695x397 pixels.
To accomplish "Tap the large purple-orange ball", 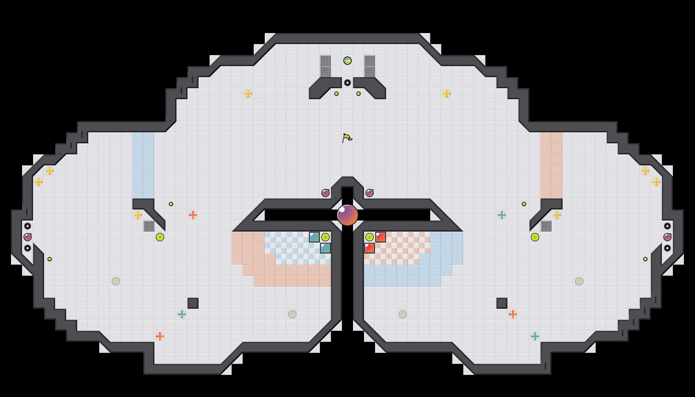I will tap(347, 215).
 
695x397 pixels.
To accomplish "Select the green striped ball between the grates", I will tap(347, 61).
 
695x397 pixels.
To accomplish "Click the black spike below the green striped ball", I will tap(347, 83).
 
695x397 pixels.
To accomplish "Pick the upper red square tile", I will tap(381, 237).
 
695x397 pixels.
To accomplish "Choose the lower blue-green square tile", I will tap(325, 248).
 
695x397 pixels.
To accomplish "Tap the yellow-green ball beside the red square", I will tap(370, 237).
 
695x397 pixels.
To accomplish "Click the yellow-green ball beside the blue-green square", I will tap(325, 237).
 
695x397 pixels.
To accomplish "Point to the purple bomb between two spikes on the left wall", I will tap(28, 237).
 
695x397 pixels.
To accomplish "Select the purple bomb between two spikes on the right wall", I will tap(667, 237).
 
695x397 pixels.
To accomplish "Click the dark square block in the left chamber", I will tap(193, 303).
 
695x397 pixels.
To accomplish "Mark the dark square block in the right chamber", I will tap(502, 303).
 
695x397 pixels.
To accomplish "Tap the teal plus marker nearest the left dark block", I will tap(182, 314).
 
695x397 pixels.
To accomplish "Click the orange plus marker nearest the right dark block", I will tap(513, 314).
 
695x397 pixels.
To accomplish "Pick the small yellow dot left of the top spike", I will tap(336, 94).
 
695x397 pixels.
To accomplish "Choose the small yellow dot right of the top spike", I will tap(359, 94).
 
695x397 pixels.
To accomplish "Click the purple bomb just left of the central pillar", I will tap(325, 193).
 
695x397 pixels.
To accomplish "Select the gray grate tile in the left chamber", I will tap(149, 226).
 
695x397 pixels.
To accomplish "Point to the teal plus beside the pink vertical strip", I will tap(502, 215).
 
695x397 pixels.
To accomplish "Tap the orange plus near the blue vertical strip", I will tap(193, 215).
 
